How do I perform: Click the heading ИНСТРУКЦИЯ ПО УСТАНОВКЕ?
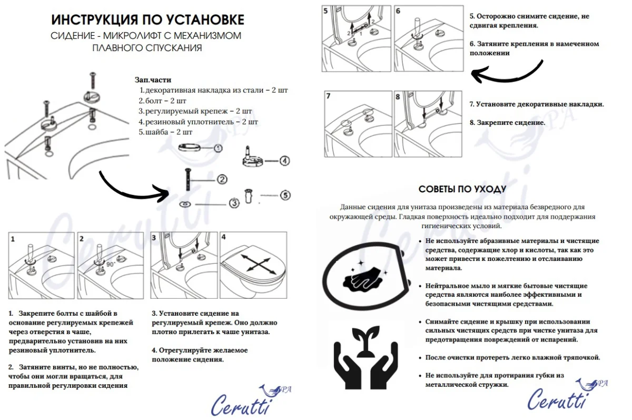(147, 20)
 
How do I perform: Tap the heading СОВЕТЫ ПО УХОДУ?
(462, 189)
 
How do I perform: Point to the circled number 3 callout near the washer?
(233, 203)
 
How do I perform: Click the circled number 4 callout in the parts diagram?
(284, 161)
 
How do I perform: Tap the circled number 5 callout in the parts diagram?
(285, 196)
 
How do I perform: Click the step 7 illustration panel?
(357, 123)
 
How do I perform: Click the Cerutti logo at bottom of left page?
(246, 402)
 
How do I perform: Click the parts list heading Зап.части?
(153, 80)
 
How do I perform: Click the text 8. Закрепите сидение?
(507, 123)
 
